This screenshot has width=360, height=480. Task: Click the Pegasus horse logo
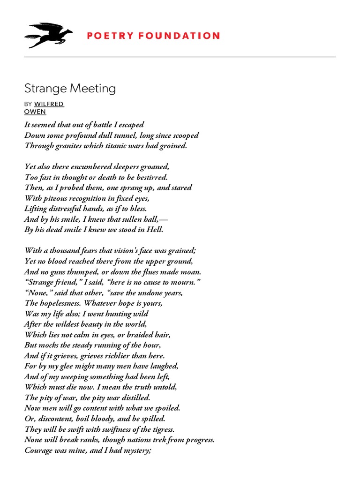[48, 35]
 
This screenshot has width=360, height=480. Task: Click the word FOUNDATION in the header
[180, 36]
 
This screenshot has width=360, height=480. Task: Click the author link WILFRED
[49, 104]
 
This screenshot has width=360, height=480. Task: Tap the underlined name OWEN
[35, 112]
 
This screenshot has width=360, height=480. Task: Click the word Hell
[153, 230]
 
